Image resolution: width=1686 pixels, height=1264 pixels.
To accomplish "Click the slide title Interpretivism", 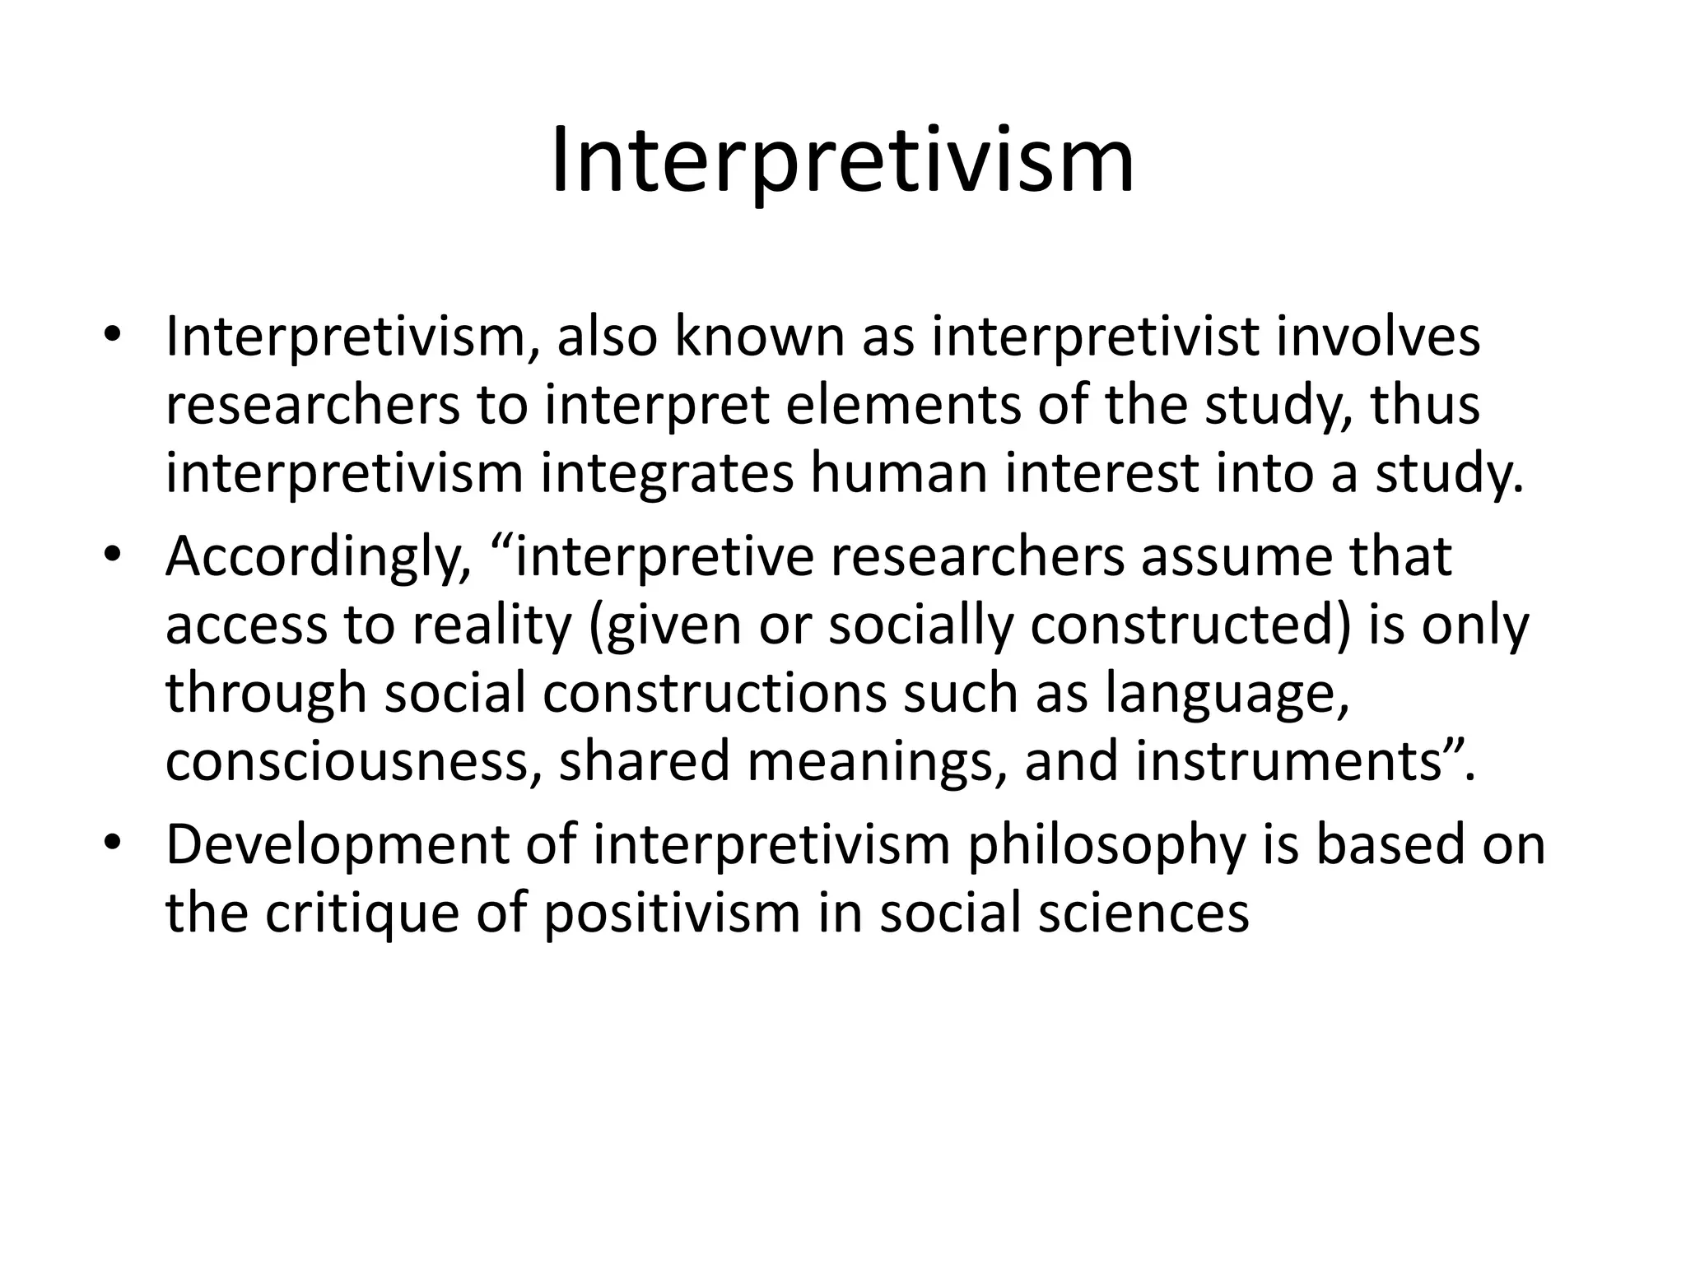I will pos(842,162).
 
